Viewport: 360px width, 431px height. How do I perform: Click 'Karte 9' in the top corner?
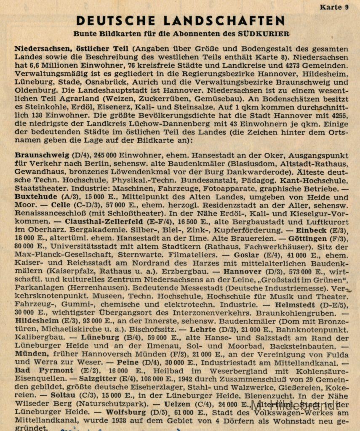334,7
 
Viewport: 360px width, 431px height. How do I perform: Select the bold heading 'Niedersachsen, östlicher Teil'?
71,48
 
